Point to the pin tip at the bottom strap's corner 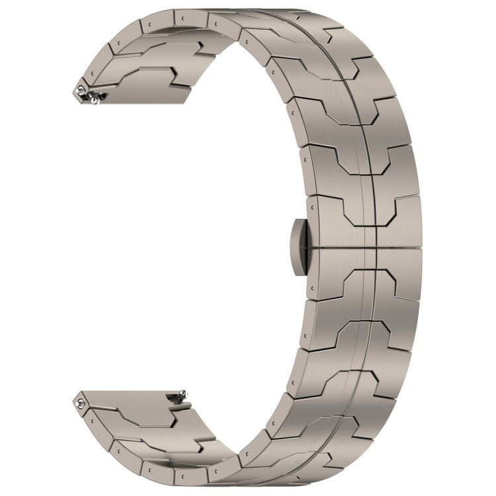pos(81,399)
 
